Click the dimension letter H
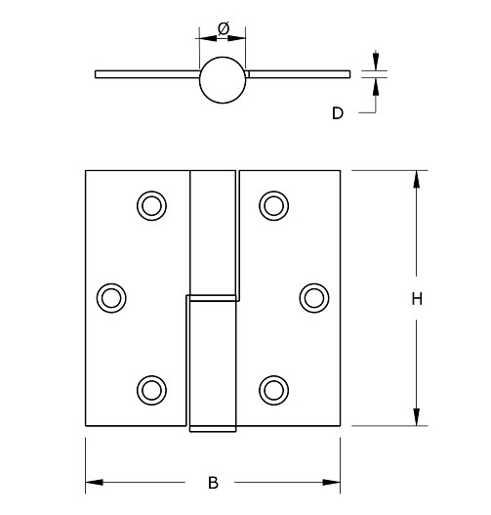(416, 301)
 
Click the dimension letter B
(213, 482)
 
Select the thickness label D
(338, 113)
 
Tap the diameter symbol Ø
(224, 29)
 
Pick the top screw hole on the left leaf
(150, 204)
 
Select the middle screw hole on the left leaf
(113, 296)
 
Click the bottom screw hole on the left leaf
(150, 389)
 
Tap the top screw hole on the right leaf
(273, 204)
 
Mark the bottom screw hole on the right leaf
(273, 389)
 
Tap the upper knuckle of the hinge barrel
(215, 231)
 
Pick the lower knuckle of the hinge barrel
(212, 364)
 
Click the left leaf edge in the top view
(97, 73)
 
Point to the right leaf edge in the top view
(348, 73)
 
